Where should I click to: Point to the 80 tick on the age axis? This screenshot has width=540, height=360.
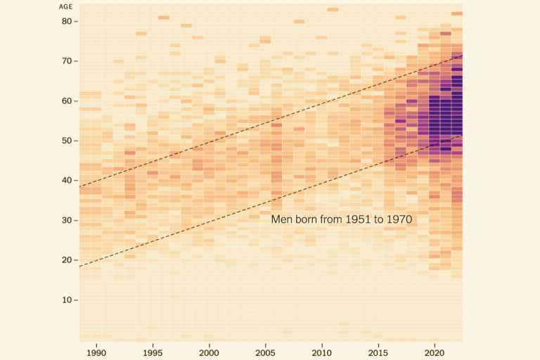tap(66, 21)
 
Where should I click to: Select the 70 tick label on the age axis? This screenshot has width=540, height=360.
tap(66, 61)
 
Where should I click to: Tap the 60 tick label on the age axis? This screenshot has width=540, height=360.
tap(66, 101)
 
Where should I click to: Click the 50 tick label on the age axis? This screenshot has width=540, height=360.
tap(66, 141)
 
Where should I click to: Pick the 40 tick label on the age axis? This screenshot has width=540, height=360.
tap(66, 180)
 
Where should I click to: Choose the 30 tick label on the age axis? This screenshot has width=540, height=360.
tap(66, 220)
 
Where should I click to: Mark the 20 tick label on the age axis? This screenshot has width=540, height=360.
tap(66, 260)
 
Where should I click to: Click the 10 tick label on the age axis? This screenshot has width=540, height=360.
tap(66, 300)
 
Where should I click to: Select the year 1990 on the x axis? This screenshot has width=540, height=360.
tap(96, 351)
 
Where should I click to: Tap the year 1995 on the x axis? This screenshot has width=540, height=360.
tap(153, 351)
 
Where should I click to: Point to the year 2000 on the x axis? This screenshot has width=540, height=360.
tap(210, 351)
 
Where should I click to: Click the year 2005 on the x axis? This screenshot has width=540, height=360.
tap(266, 351)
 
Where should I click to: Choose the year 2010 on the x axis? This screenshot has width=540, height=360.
tap(322, 351)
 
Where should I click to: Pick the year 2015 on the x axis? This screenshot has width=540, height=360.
tap(378, 351)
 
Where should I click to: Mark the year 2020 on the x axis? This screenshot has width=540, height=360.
tap(435, 351)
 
